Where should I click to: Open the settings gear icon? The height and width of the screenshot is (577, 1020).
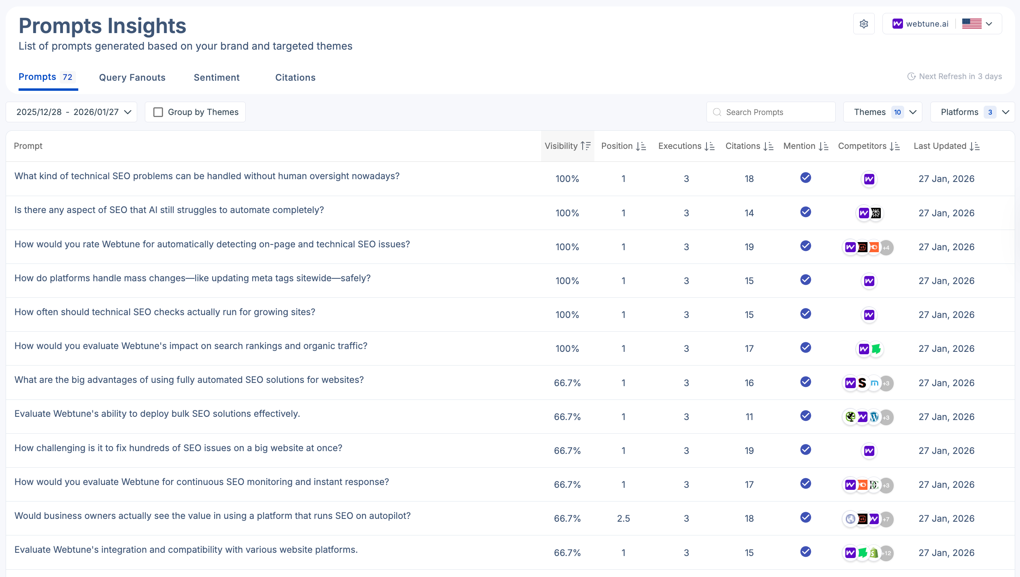click(864, 24)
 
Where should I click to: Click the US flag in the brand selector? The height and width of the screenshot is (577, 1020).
click(972, 24)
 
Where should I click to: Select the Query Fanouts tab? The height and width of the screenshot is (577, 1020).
click(132, 77)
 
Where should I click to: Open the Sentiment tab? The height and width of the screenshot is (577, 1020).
click(216, 77)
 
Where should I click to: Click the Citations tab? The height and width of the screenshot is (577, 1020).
click(295, 77)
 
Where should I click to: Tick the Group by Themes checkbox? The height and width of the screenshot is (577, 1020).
click(158, 112)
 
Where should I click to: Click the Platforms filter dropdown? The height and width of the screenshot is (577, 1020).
click(972, 112)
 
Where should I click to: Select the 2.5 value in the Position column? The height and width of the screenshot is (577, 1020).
click(623, 518)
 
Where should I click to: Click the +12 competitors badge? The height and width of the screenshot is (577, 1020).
click(886, 553)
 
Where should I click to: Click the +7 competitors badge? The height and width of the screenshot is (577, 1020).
click(886, 519)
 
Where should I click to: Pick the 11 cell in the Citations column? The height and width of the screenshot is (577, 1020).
click(749, 417)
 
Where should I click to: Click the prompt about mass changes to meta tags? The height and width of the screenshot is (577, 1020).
click(192, 278)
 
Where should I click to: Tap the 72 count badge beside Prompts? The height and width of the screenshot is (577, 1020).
click(67, 77)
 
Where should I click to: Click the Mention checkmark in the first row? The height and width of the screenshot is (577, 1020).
click(805, 178)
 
